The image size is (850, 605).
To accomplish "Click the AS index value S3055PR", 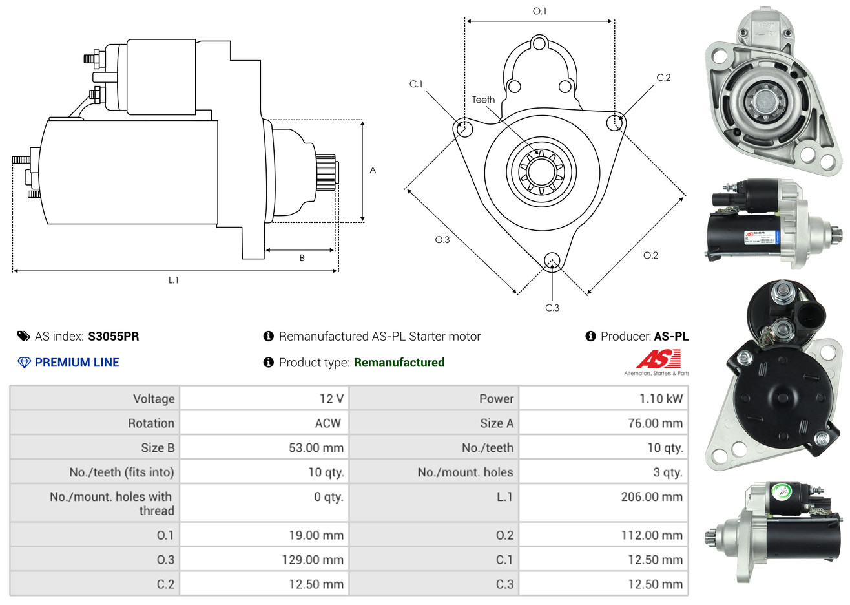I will click(x=113, y=336).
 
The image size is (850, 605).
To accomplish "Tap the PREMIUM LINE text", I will click(x=77, y=363).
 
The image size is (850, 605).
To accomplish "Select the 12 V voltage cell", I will click(x=331, y=398).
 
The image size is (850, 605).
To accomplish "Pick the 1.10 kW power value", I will click(x=661, y=398).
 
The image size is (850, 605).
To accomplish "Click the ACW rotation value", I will click(x=327, y=423).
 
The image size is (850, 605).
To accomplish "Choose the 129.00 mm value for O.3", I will click(x=313, y=559).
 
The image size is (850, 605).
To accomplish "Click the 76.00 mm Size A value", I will click(x=655, y=423).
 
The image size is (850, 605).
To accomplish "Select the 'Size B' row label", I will click(x=158, y=447).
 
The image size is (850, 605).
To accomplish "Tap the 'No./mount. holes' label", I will click(x=465, y=472).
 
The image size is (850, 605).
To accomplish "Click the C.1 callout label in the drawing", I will click(x=416, y=84).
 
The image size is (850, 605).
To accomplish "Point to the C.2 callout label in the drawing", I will click(x=663, y=78).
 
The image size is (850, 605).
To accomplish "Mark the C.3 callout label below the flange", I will click(x=552, y=308).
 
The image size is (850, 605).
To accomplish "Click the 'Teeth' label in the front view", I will click(x=483, y=100).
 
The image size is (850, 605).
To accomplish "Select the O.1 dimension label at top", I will click(x=539, y=11).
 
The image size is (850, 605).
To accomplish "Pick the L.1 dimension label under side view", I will click(x=173, y=280).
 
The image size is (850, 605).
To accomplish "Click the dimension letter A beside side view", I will click(x=373, y=170).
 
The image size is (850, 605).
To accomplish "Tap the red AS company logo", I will click(x=659, y=359).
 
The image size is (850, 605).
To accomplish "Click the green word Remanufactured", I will click(x=399, y=363).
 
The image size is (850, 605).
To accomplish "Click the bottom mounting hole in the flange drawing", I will click(x=552, y=260).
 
